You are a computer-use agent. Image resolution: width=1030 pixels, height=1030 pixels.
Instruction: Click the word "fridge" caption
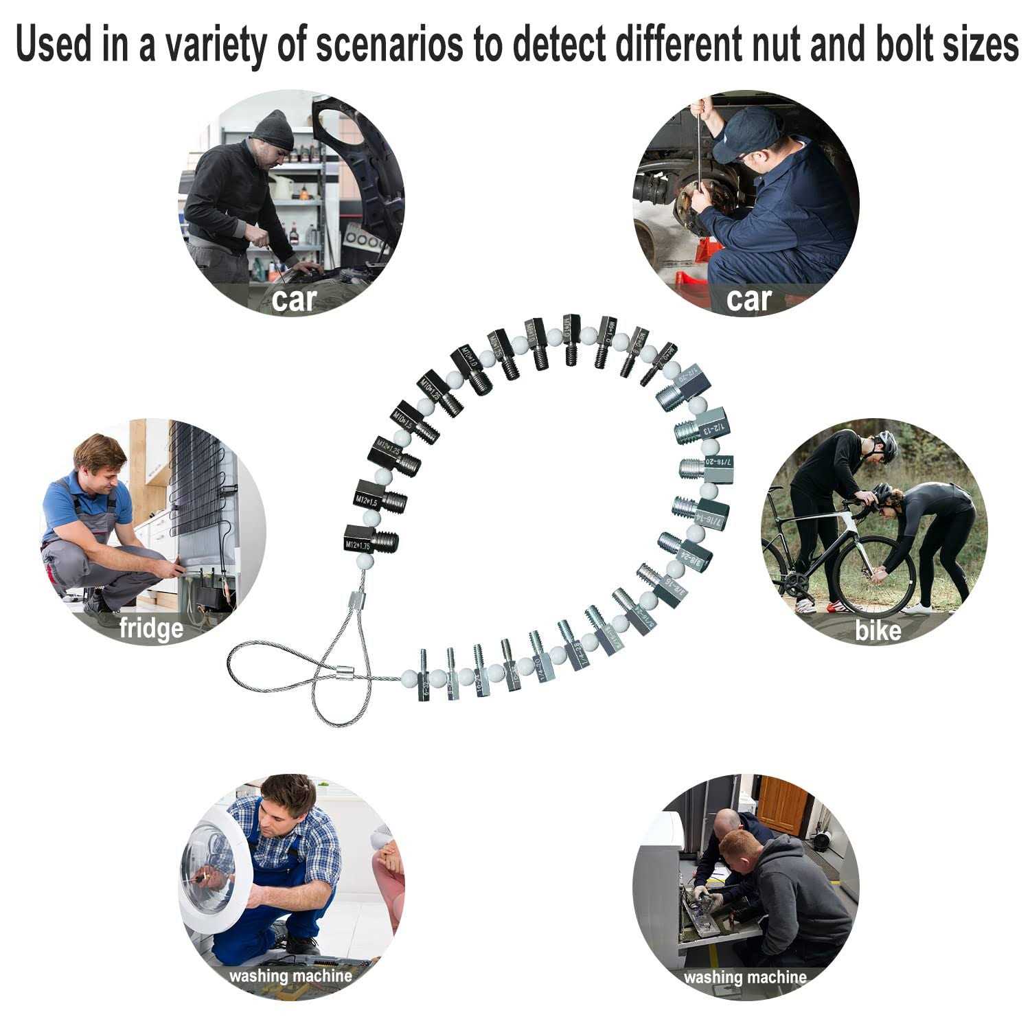151,628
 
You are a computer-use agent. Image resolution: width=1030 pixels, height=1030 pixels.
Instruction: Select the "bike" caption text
878,630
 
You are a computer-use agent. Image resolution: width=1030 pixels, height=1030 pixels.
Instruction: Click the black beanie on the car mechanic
273,129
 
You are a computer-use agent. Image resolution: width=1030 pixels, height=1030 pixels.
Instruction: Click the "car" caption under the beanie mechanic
294,300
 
